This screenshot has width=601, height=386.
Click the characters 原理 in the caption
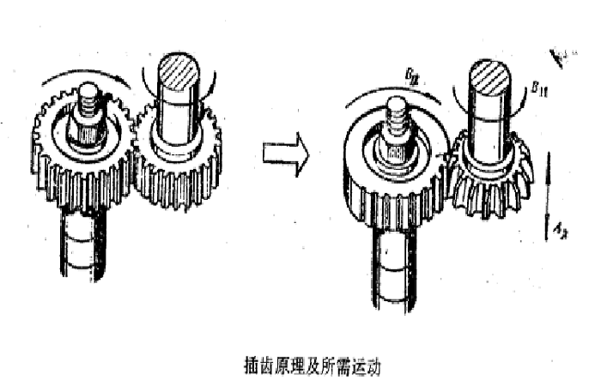click(287, 366)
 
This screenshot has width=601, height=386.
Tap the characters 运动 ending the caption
click(361, 366)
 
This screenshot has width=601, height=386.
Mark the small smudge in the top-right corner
click(562, 57)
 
